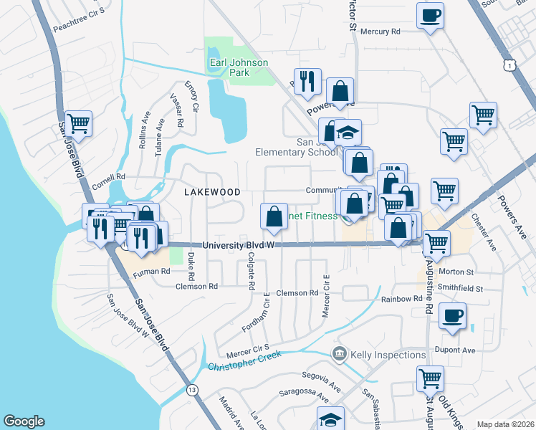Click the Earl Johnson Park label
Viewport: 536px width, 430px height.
(x=239, y=67)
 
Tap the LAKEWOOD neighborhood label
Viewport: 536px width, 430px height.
(x=211, y=192)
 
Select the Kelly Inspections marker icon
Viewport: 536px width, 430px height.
(x=338, y=353)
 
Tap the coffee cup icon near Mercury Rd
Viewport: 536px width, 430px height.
(x=430, y=16)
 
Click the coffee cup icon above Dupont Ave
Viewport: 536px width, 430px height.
(x=451, y=316)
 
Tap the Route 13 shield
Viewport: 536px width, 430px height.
(x=191, y=391)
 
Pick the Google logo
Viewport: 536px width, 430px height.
(x=24, y=421)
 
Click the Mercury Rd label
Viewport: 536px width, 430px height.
(x=380, y=32)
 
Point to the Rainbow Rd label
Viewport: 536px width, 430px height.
(x=402, y=299)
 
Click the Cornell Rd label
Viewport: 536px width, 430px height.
(x=108, y=176)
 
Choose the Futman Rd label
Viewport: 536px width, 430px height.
(x=150, y=272)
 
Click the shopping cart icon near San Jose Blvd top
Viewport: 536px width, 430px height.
(x=78, y=123)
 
